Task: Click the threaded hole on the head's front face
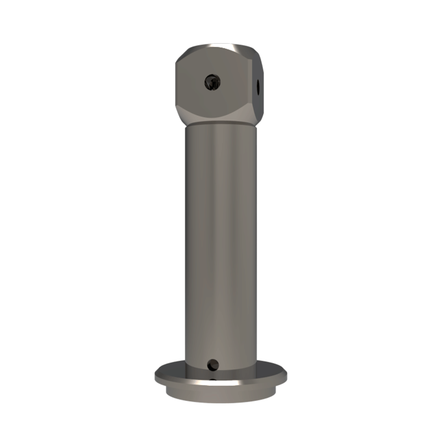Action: (212, 82)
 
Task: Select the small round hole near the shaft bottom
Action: (213, 365)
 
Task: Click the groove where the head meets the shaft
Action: (220, 124)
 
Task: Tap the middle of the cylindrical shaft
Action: (220, 243)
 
